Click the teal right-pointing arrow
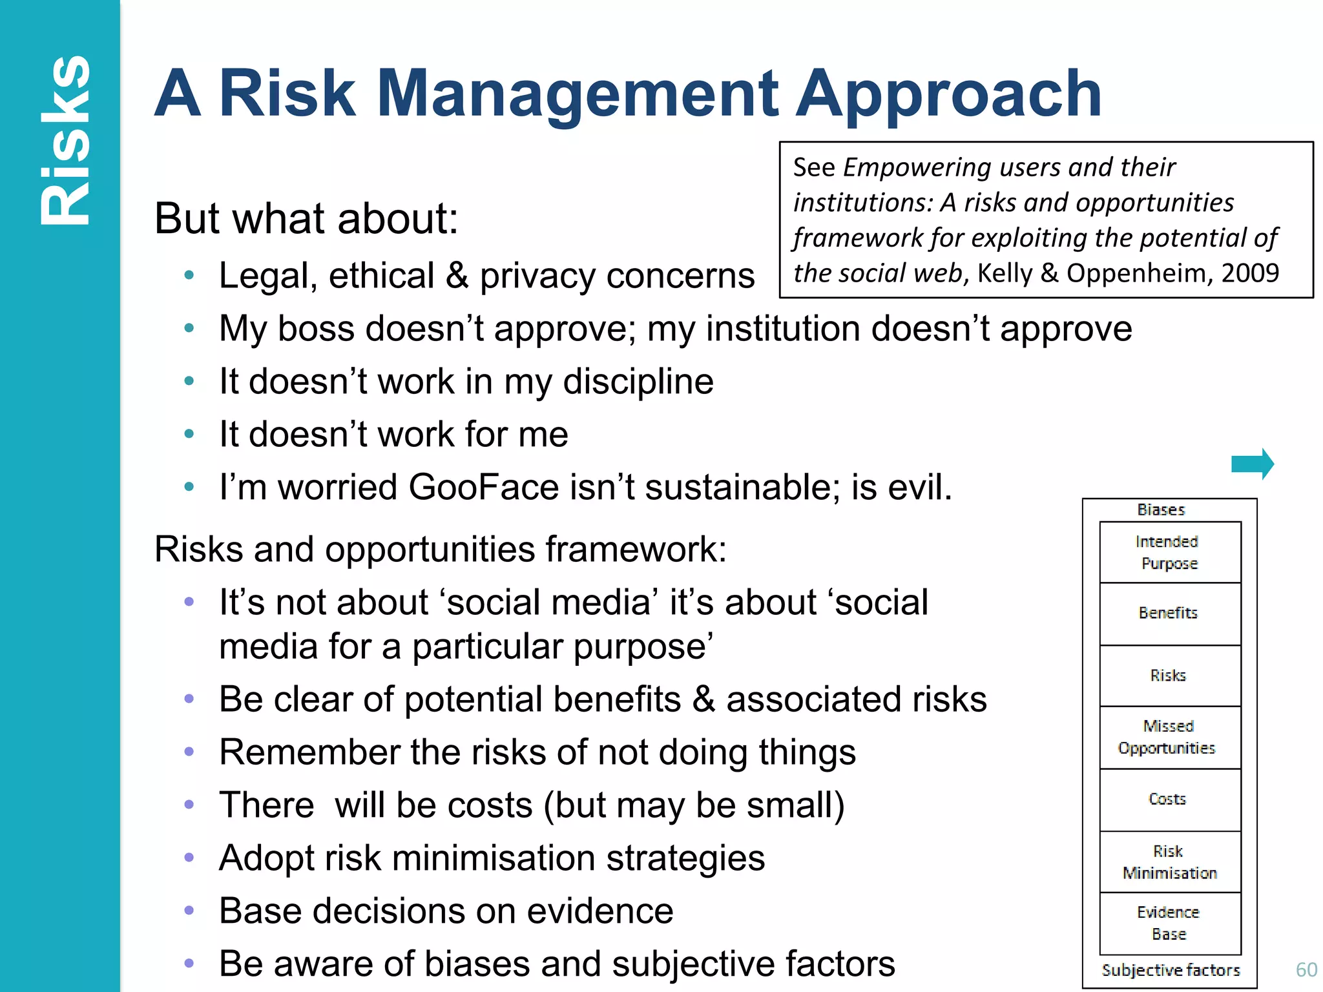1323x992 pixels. pyautogui.click(x=1252, y=464)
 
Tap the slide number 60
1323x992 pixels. pyautogui.click(x=1306, y=969)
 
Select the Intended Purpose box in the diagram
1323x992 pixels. pyautogui.click(x=1170, y=552)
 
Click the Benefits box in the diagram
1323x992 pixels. pyautogui.click(x=1170, y=613)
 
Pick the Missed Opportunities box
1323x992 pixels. pyautogui.click(x=1170, y=738)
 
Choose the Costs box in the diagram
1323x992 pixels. pyautogui.click(x=1170, y=800)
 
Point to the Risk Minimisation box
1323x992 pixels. pyautogui.click(x=1170, y=862)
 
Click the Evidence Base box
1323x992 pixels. pyautogui.click(x=1170, y=924)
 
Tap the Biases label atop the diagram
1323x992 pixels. pyautogui.click(x=1162, y=510)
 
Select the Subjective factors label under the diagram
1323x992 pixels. pyautogui.click(x=1171, y=970)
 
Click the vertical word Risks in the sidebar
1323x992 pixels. pyautogui.click(x=65, y=141)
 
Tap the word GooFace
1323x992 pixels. pyautogui.click(x=483, y=487)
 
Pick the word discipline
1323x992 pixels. pyautogui.click(x=638, y=382)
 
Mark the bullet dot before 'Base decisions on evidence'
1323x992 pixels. pyautogui.click(x=189, y=911)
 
